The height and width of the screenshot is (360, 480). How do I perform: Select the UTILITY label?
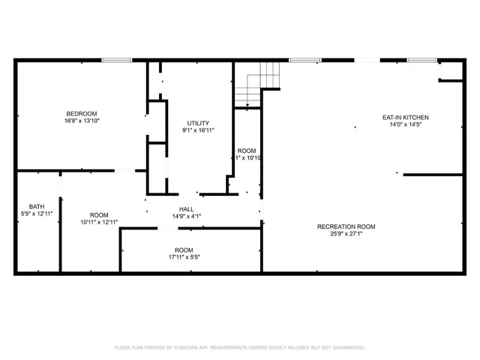(198, 123)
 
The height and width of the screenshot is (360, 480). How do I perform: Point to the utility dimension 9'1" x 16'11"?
(198, 130)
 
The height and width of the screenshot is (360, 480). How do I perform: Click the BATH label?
(37, 206)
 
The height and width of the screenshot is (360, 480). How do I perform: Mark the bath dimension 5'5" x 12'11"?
(37, 214)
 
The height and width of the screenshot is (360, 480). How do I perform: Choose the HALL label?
(187, 209)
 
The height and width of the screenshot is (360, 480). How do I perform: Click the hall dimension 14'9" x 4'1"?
(187, 217)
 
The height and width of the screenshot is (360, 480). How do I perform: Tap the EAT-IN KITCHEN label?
(405, 118)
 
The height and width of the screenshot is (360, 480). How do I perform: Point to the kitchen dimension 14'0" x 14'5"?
(405, 125)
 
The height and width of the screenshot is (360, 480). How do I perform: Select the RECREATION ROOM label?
(346, 226)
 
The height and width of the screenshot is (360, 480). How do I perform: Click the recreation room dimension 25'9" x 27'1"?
(346, 234)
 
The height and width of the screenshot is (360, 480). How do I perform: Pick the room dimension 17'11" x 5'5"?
(184, 257)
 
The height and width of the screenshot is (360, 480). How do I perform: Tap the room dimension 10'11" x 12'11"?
(100, 222)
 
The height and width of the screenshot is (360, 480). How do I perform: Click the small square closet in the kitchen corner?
(451, 70)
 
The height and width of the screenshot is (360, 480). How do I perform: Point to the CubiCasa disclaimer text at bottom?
(240, 347)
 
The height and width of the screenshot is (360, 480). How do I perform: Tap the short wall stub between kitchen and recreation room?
(432, 175)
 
